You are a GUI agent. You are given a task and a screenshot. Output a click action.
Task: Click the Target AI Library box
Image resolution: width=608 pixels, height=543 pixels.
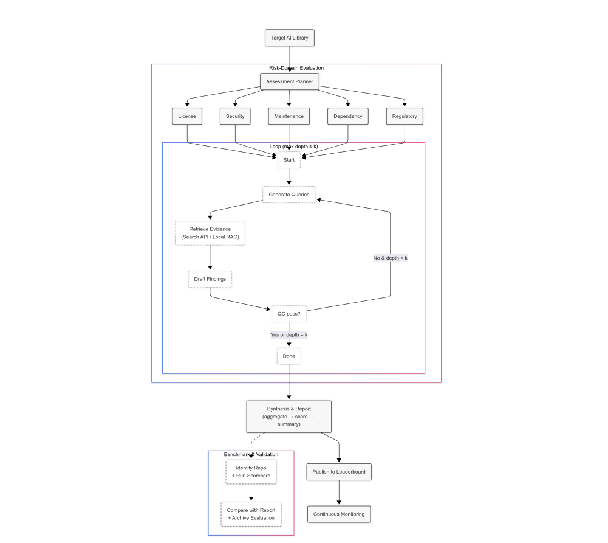[289, 38]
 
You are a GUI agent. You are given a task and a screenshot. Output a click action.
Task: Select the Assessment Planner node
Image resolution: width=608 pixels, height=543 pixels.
[289, 81]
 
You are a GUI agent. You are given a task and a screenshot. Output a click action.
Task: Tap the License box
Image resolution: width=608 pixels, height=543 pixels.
[187, 116]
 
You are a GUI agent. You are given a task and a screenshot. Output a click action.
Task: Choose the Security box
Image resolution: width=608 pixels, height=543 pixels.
[235, 116]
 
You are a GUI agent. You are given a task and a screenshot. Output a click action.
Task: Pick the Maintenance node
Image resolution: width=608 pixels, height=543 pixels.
[289, 116]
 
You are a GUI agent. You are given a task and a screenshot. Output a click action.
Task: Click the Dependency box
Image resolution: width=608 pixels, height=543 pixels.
[347, 116]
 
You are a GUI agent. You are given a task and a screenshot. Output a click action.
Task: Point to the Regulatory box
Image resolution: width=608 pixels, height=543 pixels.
[405, 116]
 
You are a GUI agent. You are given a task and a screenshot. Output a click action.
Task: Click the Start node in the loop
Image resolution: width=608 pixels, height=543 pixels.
[289, 160]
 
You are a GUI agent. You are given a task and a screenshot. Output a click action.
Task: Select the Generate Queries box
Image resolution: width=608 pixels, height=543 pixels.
[289, 195]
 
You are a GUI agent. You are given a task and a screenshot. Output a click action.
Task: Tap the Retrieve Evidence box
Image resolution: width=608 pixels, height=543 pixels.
[210, 233]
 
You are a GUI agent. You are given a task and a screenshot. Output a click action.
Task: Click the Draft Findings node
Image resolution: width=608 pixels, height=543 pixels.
[210, 279]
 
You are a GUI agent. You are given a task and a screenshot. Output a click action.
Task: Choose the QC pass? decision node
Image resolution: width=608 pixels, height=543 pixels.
[289, 314]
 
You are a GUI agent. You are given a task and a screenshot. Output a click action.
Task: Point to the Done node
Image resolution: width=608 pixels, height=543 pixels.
[289, 356]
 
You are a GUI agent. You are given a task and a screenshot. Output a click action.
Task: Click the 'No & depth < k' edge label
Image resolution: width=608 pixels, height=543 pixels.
[390, 258]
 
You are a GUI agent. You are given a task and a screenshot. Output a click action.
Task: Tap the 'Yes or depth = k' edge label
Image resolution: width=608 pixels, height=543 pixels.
[289, 335]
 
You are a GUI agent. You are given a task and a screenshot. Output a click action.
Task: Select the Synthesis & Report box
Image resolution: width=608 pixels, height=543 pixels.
[289, 417]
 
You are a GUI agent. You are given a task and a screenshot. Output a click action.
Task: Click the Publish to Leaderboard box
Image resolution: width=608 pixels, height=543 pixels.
[338, 472]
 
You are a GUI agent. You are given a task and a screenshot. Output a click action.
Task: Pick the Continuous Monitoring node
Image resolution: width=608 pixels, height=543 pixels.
[338, 514]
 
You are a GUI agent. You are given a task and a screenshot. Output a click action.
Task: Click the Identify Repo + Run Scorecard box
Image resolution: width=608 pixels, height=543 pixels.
[251, 472]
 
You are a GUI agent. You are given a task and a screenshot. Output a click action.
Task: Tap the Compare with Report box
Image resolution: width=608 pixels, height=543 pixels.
[251, 514]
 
